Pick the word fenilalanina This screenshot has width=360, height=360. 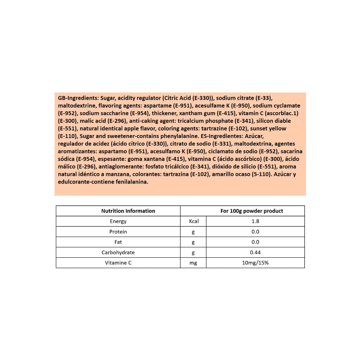point(130,182)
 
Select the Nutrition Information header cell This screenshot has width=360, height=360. point(128,211)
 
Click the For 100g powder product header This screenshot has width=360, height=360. point(252,211)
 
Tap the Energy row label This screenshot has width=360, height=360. point(118,221)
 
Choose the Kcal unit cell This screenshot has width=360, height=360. point(194,221)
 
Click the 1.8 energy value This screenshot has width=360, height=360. point(255,221)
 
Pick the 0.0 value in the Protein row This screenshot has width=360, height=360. point(255,232)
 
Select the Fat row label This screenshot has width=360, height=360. point(118,242)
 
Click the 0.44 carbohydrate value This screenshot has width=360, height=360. point(255,253)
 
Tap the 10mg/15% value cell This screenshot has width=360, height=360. point(255,263)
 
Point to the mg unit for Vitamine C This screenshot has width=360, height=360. point(193,263)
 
